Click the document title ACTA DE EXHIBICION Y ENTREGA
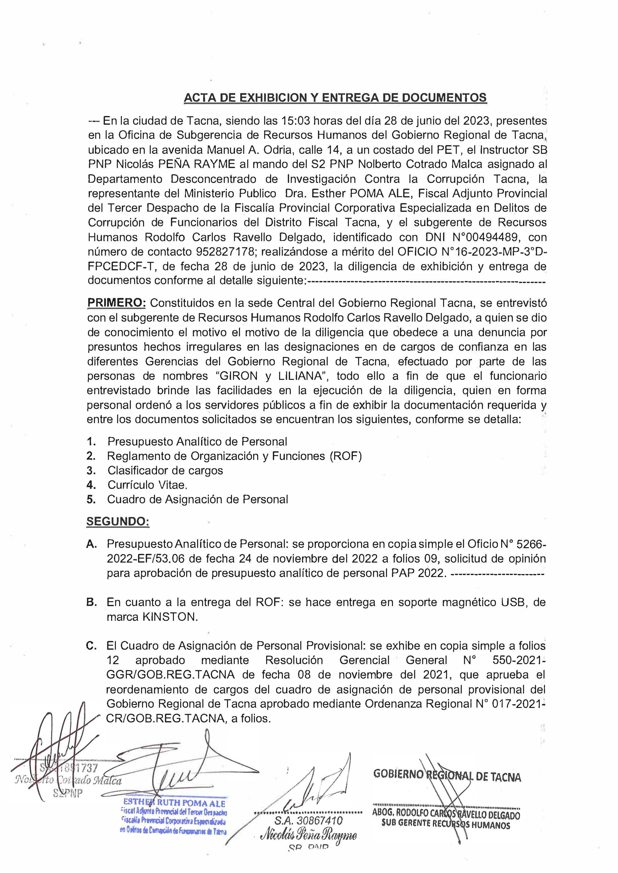tap(335, 98)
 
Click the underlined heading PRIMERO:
tap(116, 303)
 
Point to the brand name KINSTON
tap(170, 617)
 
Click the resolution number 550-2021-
tap(519, 660)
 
